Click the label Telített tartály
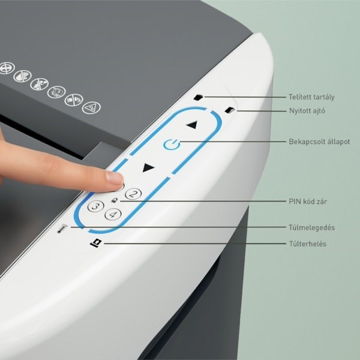click(311, 97)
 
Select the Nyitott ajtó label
click(307, 110)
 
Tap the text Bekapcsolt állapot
click(319, 142)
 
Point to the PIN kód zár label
click(308, 202)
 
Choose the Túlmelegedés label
click(311, 227)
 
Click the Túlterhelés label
click(308, 244)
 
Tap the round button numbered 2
click(133, 194)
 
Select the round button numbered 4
click(113, 214)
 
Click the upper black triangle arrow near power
click(192, 125)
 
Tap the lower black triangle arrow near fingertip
click(148, 167)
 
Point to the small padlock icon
click(114, 200)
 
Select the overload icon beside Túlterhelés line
click(96, 243)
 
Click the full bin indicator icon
click(199, 97)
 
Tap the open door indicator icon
click(230, 110)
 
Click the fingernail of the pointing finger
click(115, 178)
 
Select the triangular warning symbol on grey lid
click(91, 107)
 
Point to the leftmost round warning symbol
click(7, 68)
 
